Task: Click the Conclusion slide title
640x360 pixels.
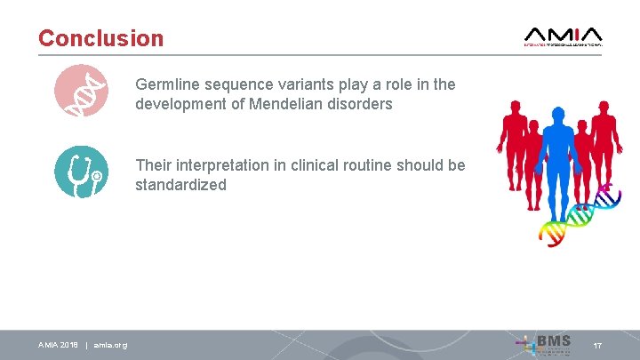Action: coord(100,38)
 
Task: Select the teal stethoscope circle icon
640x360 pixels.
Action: coord(81,172)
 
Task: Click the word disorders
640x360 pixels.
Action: coord(363,104)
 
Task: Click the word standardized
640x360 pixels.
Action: coord(180,185)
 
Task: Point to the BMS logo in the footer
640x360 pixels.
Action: coord(543,344)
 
